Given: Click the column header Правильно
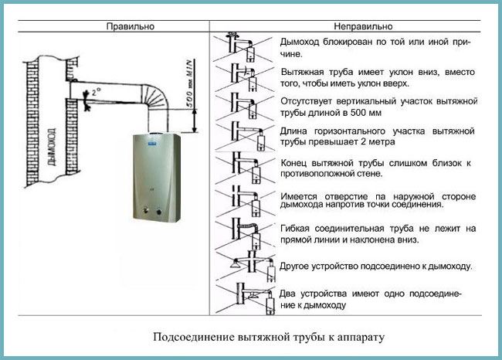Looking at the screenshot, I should point(131,25).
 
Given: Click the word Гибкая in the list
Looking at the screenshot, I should point(297,228).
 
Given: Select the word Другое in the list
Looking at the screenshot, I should point(299,267).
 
